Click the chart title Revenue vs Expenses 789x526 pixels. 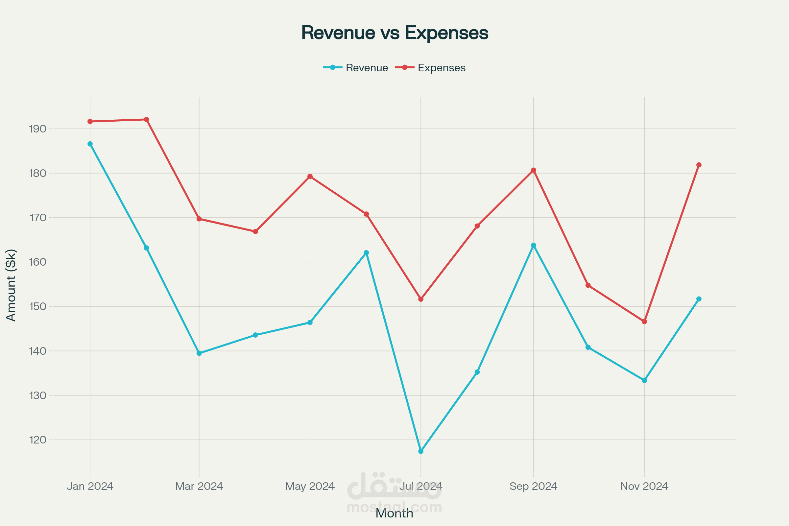[x=394, y=33]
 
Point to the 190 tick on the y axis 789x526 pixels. [x=37, y=129]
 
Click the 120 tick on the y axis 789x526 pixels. [x=37, y=440]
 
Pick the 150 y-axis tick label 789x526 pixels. [x=37, y=307]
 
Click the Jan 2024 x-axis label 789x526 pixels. [x=90, y=486]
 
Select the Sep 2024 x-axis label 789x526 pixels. [x=533, y=486]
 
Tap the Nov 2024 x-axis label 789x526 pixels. [x=644, y=486]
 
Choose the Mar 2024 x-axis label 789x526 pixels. [x=199, y=486]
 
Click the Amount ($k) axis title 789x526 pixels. [x=11, y=285]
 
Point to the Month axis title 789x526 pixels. [x=394, y=513]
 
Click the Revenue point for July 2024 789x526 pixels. [x=421, y=451]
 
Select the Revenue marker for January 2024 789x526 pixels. [x=90, y=144]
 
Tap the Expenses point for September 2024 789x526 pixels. [x=533, y=170]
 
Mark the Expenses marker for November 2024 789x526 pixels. [x=644, y=322]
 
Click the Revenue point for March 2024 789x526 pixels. [x=199, y=353]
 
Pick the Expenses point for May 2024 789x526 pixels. [x=310, y=177]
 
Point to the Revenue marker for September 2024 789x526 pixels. [x=533, y=245]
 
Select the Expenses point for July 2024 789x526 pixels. [x=421, y=299]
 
